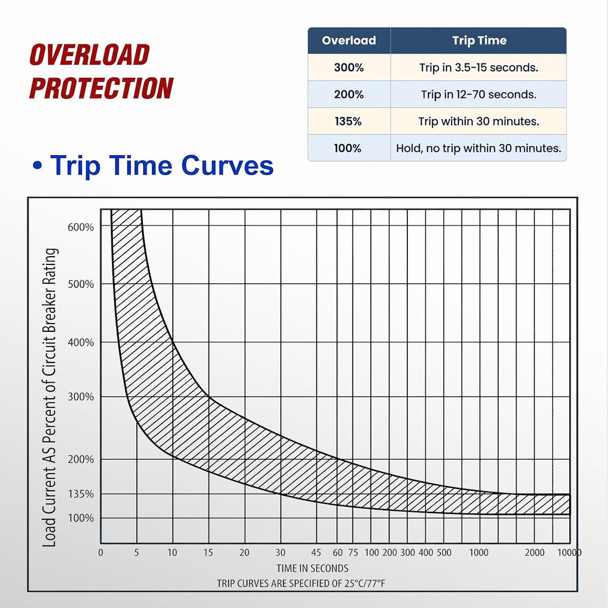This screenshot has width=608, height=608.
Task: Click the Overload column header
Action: [349, 40]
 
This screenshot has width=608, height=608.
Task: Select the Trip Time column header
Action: [479, 40]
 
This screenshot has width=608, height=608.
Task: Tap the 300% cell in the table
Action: [349, 67]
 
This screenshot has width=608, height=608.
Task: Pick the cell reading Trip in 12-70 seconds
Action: [479, 95]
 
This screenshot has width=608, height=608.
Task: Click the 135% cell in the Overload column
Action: [348, 122]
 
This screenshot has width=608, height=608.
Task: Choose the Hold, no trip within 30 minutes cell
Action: [479, 148]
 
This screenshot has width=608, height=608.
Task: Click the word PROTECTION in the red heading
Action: [101, 88]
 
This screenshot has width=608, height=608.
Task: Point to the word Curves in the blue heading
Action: [227, 165]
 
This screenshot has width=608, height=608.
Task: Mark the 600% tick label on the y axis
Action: [81, 227]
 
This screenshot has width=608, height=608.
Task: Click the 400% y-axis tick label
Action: [81, 343]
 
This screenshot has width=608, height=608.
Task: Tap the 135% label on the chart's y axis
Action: [81, 494]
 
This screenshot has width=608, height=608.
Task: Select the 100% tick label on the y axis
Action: [81, 518]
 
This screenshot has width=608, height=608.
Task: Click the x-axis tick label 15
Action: [208, 553]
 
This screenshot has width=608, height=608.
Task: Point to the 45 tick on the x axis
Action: [316, 553]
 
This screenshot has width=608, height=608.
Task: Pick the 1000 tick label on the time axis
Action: [479, 553]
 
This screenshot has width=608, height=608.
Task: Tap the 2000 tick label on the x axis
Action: [534, 553]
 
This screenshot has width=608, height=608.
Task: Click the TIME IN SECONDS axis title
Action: [313, 568]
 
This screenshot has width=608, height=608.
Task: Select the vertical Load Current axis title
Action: [50, 398]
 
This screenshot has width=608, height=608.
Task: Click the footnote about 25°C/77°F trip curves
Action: [302, 583]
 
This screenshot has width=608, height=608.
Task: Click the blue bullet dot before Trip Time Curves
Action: [37, 166]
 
